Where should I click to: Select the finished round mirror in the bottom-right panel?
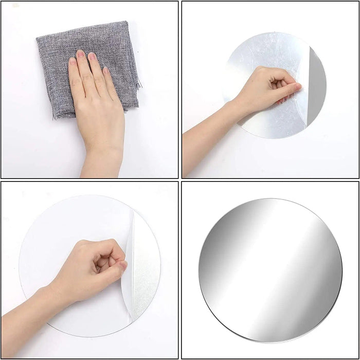point(270,270)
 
